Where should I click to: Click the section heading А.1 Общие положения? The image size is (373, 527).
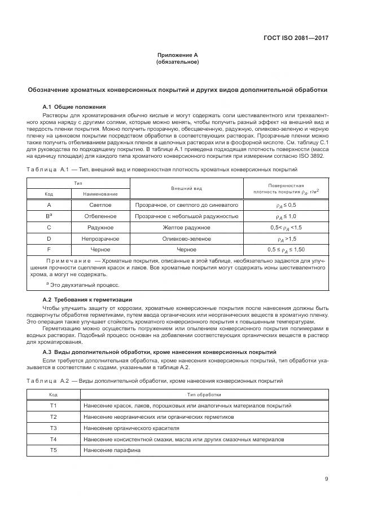(74, 107)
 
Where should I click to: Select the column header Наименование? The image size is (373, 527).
(100, 194)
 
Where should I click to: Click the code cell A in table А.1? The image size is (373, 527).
(49, 205)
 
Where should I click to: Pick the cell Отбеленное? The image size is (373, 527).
(100, 216)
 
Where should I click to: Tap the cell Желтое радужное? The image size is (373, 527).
(186, 227)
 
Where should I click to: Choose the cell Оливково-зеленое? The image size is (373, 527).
(186, 238)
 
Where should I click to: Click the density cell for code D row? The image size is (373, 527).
(286, 238)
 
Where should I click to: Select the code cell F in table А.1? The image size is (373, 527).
(49, 249)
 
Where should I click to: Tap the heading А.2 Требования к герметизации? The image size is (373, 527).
(87, 299)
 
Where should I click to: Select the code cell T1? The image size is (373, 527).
(54, 406)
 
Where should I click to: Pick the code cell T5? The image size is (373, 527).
(54, 450)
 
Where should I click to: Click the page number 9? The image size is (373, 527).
(327, 480)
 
